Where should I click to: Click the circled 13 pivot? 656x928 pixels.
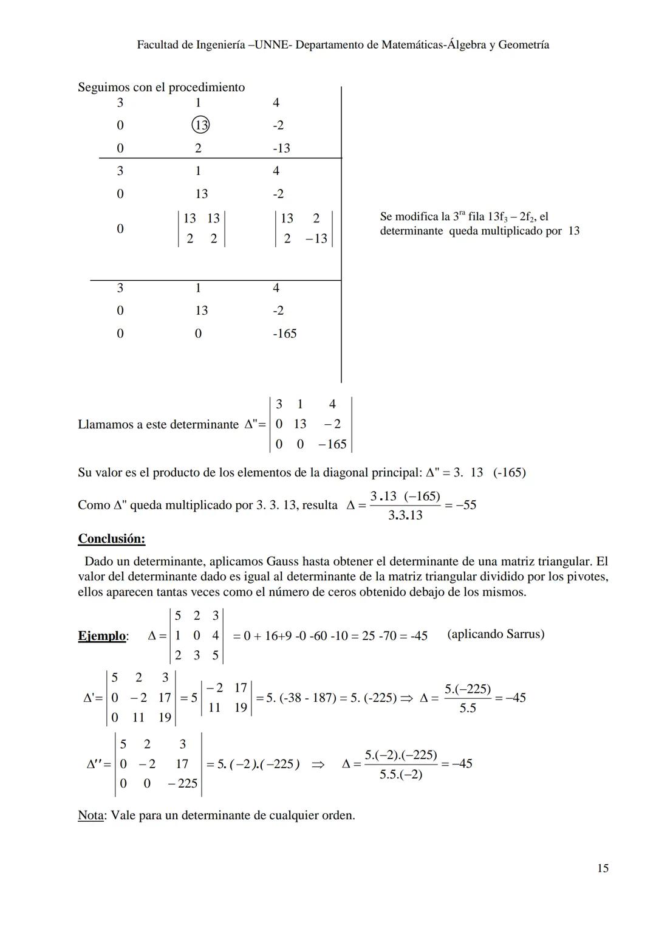tap(200, 125)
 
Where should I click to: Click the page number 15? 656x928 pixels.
tap(602, 868)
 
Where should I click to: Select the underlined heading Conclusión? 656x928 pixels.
tap(111, 538)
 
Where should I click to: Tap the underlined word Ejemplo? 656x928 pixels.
tap(102, 636)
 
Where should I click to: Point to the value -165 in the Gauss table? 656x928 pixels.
tap(284, 333)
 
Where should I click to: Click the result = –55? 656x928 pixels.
tap(461, 505)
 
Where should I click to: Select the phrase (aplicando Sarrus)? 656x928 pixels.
tap(495, 634)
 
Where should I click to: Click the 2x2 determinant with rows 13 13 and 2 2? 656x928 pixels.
tap(201, 229)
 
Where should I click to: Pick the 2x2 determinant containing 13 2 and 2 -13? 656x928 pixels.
tap(303, 229)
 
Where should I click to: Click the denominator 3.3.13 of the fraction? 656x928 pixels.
tap(405, 515)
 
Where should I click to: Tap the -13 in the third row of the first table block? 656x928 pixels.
tap(281, 148)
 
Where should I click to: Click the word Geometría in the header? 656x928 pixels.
tap(523, 44)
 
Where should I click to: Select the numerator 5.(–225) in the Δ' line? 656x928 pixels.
tap(467, 689)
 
